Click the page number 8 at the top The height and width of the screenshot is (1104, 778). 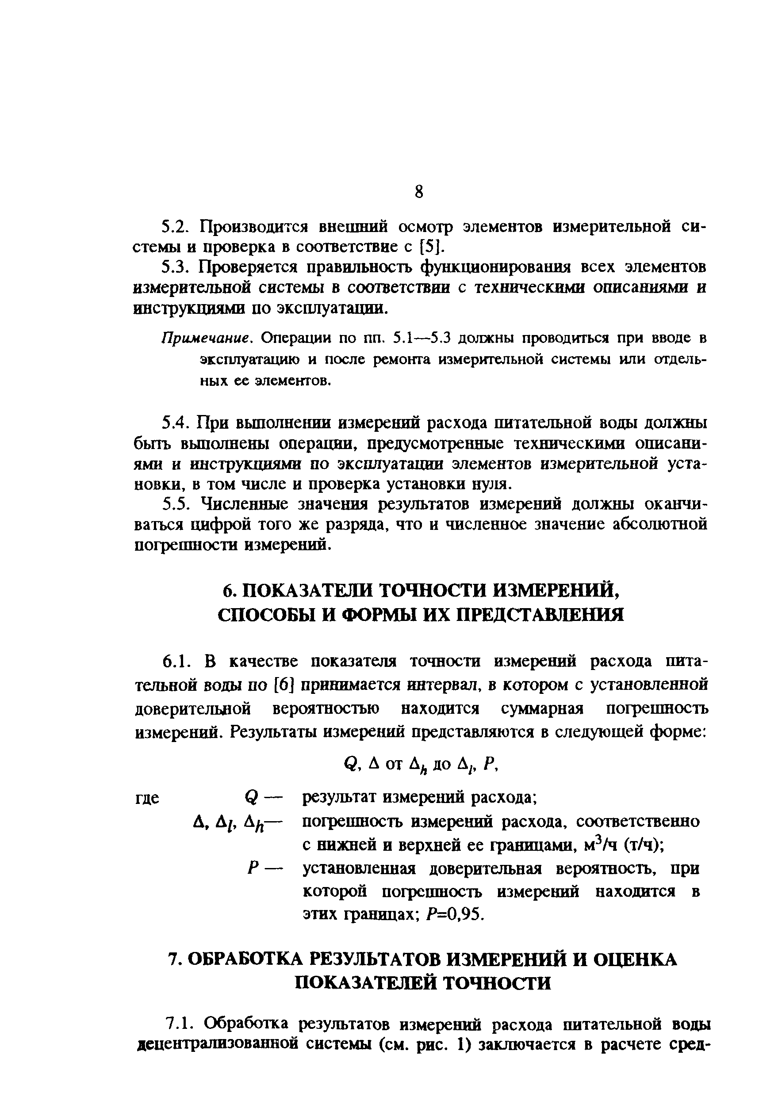point(418,192)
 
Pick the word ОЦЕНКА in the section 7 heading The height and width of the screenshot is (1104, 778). point(635,960)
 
